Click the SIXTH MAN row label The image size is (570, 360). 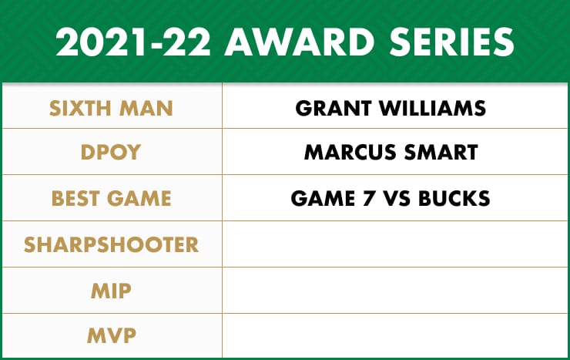pyautogui.click(x=111, y=109)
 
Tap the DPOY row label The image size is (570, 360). pyautogui.click(x=110, y=152)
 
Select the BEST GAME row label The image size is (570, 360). pyautogui.click(x=111, y=198)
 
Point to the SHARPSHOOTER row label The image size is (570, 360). pyautogui.click(x=111, y=244)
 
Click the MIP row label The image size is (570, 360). pyautogui.click(x=111, y=291)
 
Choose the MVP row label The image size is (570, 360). pyautogui.click(x=111, y=335)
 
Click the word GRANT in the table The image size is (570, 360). pyautogui.click(x=334, y=109)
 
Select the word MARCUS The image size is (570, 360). pyautogui.click(x=350, y=152)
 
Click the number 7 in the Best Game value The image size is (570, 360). pyautogui.click(x=369, y=198)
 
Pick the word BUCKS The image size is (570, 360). pyautogui.click(x=454, y=198)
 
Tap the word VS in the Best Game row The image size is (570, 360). pyautogui.click(x=397, y=198)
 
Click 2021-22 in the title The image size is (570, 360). pyautogui.click(x=133, y=42)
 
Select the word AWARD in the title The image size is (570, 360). pyautogui.click(x=300, y=42)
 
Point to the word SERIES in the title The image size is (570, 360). pyautogui.click(x=452, y=42)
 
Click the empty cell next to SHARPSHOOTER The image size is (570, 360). pyautogui.click(x=395, y=244)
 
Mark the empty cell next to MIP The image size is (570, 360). pyautogui.click(x=395, y=290)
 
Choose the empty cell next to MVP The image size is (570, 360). pyautogui.click(x=395, y=335)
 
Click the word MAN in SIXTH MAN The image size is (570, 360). pyautogui.click(x=146, y=109)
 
